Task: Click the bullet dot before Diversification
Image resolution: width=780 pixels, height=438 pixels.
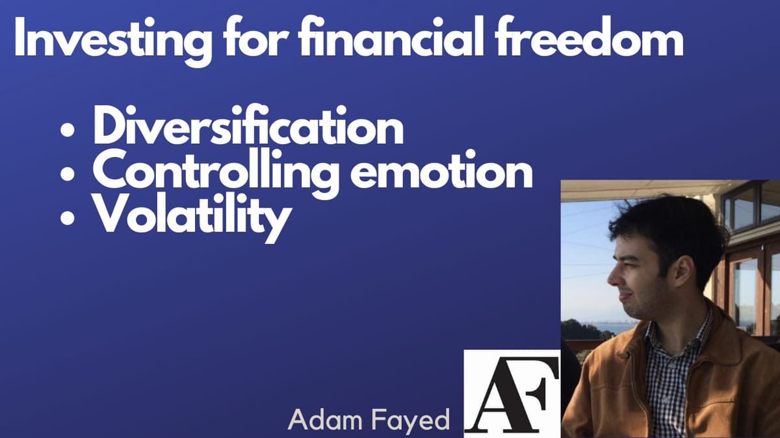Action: (x=68, y=131)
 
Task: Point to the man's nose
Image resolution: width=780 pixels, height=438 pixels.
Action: (x=611, y=276)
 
